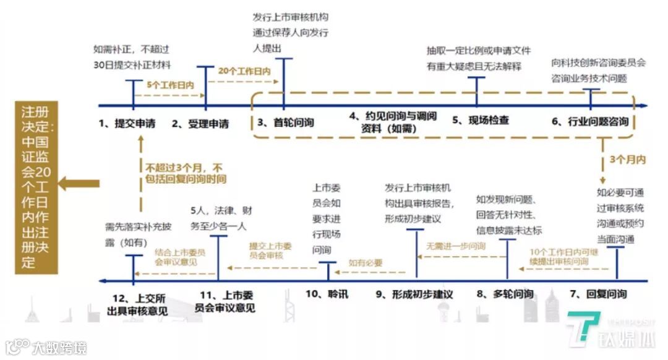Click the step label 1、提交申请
(x=126, y=124)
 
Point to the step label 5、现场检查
(x=480, y=121)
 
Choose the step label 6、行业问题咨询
(x=590, y=121)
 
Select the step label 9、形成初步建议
(x=414, y=294)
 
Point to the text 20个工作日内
(x=244, y=71)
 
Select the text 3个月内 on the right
(x=627, y=159)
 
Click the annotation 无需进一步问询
(x=454, y=245)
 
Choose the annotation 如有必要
(x=366, y=262)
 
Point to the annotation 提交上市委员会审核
(x=270, y=250)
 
